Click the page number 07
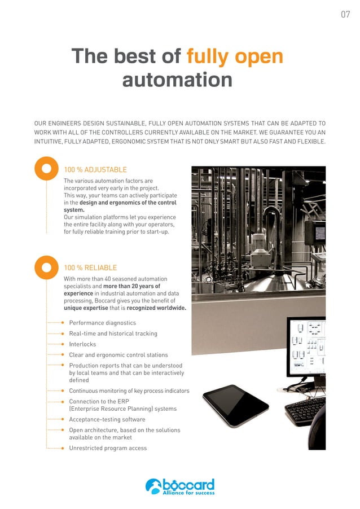(345, 14)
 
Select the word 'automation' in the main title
(177, 79)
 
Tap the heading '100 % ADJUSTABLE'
(95, 169)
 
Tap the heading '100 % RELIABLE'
(91, 267)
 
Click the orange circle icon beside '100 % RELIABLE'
(47, 267)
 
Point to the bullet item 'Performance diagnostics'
(102, 323)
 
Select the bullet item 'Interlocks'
(82, 344)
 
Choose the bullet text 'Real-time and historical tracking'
(113, 334)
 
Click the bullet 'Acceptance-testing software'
(107, 419)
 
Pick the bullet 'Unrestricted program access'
(108, 448)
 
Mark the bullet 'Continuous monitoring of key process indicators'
(129, 390)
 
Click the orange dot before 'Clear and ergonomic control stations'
(63, 355)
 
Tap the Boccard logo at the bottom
(180, 486)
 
